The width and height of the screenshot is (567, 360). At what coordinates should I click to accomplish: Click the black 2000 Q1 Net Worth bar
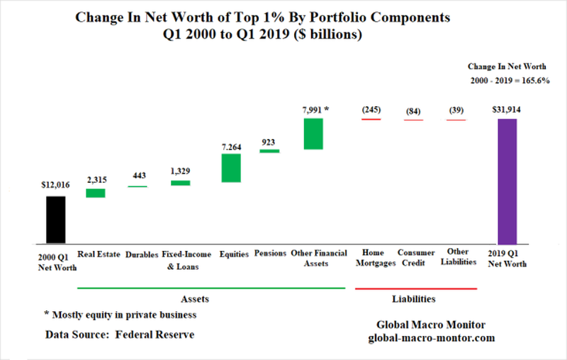pyautogui.click(x=55, y=218)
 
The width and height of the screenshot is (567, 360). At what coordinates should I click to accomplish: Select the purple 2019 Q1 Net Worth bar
pyautogui.click(x=507, y=180)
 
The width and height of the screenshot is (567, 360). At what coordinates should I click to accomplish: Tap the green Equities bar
pyautogui.click(x=231, y=168)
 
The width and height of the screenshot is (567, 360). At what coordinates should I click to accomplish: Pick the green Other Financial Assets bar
pyautogui.click(x=313, y=133)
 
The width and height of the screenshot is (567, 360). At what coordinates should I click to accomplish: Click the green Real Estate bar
pyautogui.click(x=95, y=193)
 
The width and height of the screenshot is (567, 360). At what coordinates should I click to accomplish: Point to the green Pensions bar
pyautogui.click(x=269, y=151)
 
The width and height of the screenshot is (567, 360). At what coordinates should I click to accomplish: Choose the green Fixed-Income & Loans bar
pyautogui.click(x=181, y=183)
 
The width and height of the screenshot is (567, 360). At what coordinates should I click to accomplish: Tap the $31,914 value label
pyautogui.click(x=507, y=108)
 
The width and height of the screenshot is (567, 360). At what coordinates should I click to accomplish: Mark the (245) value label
pyautogui.click(x=371, y=109)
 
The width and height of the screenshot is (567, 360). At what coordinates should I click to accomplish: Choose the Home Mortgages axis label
pyautogui.click(x=371, y=257)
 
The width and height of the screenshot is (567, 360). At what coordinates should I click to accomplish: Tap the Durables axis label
pyautogui.click(x=142, y=253)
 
